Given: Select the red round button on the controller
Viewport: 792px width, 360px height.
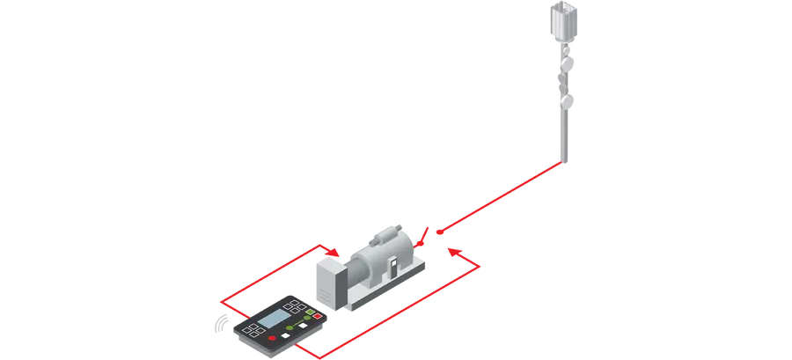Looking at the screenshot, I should pos(272,338).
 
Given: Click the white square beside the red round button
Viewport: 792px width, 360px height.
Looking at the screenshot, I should pos(288,333).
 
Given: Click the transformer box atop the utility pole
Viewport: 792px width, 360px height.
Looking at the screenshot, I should pos(560,19).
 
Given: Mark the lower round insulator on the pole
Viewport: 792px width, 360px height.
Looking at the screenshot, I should pos(567,102).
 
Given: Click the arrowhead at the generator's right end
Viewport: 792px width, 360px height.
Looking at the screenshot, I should pos(451,253).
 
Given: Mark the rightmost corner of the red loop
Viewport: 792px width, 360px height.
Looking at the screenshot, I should pos(482,265).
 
